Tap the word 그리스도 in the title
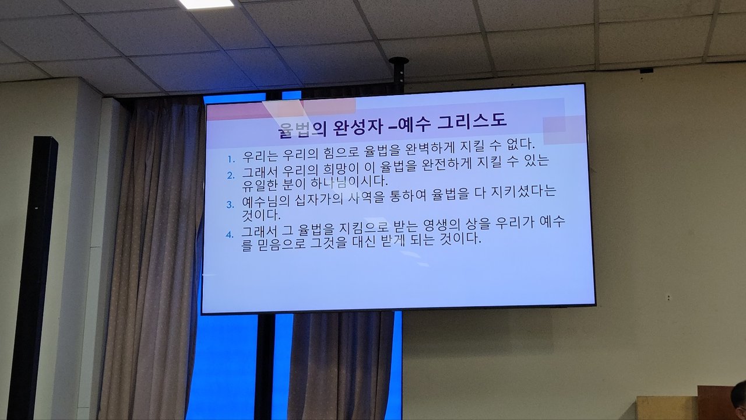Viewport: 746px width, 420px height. point(472,121)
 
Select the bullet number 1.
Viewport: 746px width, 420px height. point(231,159)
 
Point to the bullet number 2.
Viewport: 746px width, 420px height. point(231,176)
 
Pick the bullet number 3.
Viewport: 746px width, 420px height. point(230,205)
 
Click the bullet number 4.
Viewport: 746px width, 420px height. point(230,235)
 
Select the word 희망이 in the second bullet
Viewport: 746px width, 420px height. point(340,169)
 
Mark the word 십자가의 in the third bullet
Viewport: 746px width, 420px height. point(319,200)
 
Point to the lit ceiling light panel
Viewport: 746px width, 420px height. point(206,3)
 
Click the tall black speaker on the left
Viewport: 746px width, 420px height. point(33,277)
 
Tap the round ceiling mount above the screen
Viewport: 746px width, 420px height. point(399,61)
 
